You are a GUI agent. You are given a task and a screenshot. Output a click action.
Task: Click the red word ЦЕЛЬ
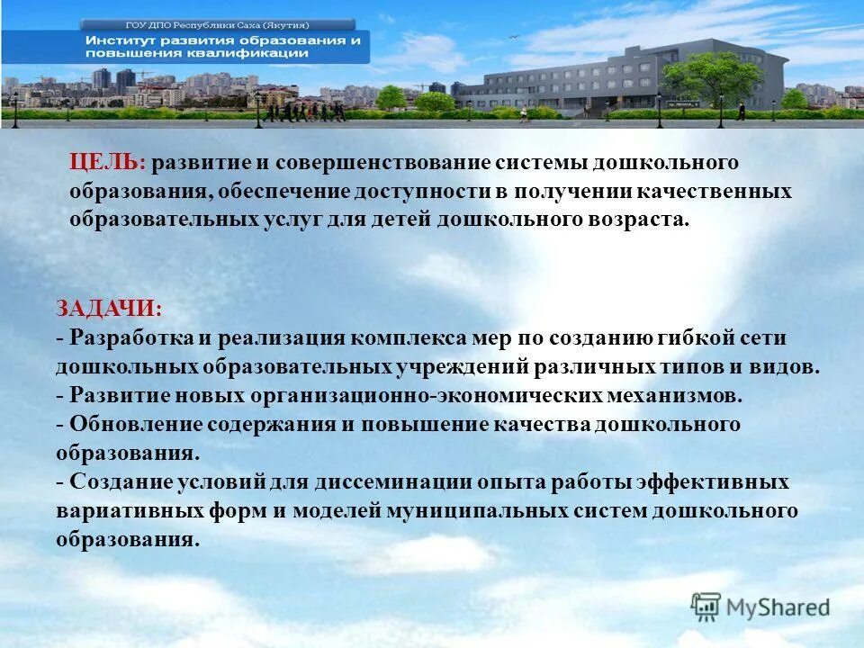click(x=107, y=163)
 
